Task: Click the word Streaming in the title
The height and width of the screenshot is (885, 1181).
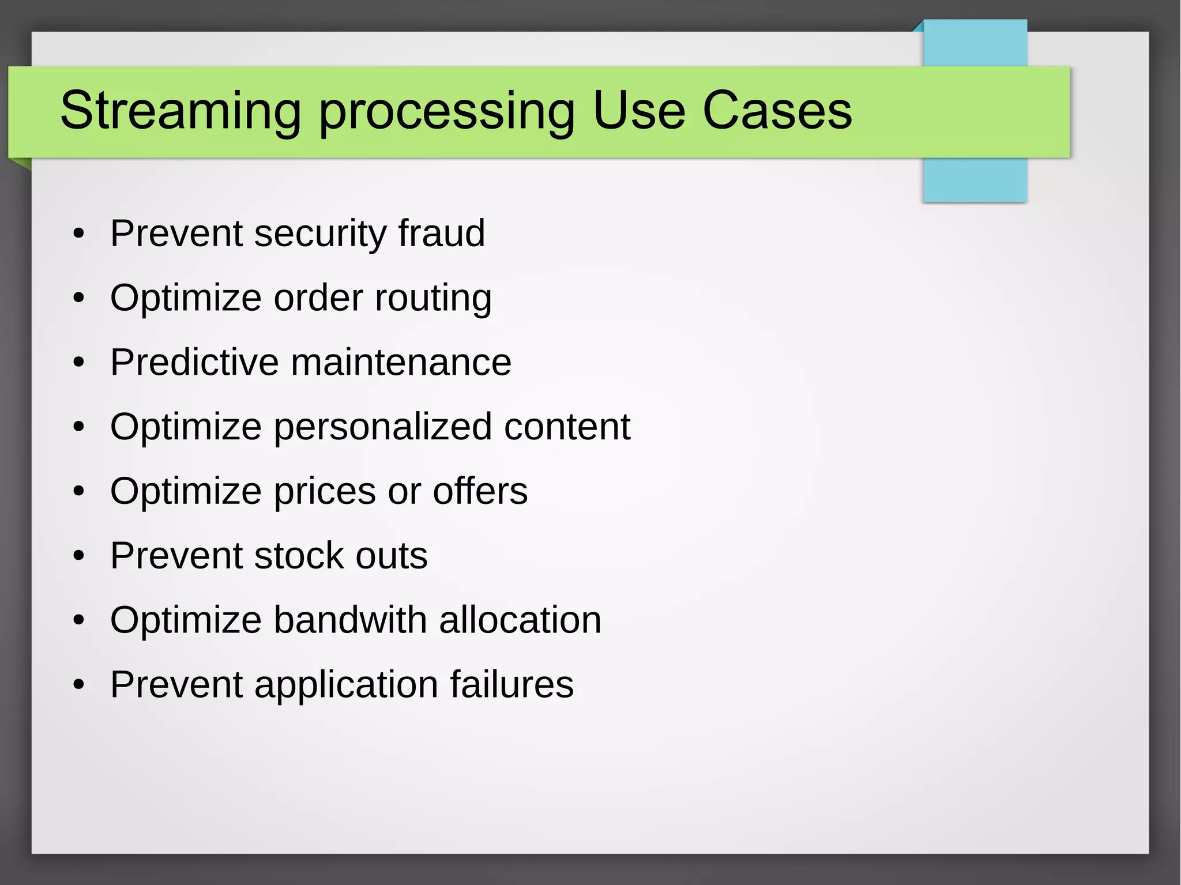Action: click(180, 111)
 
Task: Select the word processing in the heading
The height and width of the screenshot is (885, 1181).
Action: click(447, 111)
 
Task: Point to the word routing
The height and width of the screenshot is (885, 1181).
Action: click(433, 298)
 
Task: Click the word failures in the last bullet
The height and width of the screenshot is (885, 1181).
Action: click(511, 684)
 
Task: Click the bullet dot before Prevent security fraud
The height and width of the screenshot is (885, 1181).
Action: click(79, 234)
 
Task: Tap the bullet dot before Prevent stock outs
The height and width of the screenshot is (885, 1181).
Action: click(79, 556)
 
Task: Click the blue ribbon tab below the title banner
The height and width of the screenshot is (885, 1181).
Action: click(975, 180)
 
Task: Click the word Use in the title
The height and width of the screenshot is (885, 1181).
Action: click(639, 111)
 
